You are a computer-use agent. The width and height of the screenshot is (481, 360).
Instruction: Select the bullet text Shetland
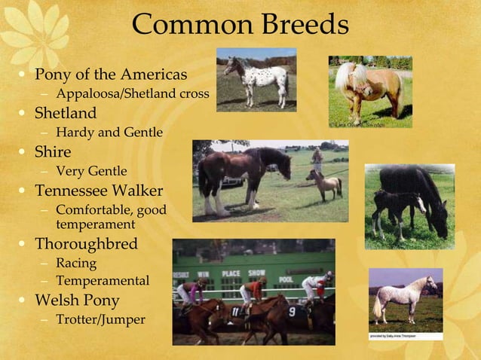(66, 114)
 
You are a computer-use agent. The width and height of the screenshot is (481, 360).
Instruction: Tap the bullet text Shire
(54, 152)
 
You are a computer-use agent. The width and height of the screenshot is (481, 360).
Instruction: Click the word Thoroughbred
(86, 245)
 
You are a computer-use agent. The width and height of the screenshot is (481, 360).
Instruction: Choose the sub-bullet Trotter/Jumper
(100, 319)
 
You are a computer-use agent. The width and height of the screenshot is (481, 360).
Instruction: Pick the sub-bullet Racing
(76, 264)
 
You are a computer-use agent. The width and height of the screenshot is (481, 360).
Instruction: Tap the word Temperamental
(103, 282)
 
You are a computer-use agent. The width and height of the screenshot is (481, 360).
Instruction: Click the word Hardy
(74, 133)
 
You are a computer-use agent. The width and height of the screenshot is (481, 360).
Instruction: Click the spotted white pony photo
(256, 78)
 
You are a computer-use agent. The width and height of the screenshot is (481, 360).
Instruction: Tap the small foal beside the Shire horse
(326, 183)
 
